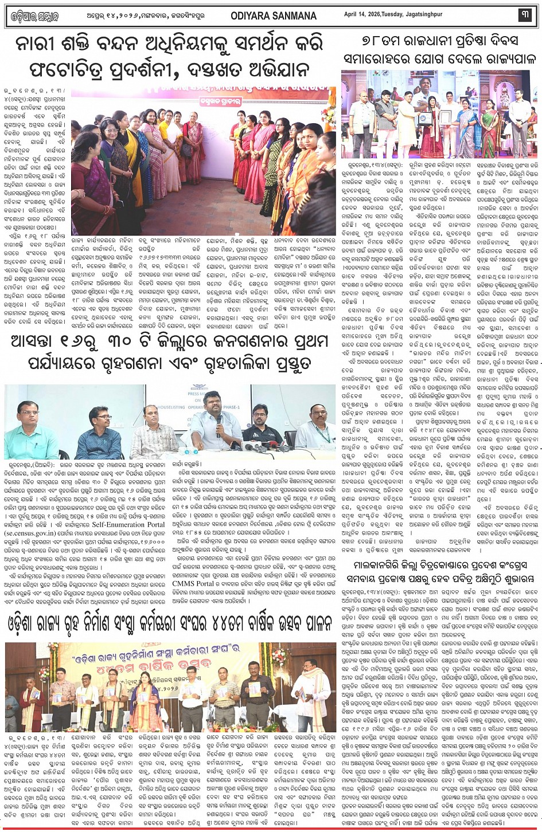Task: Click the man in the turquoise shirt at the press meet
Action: [x=23, y=433]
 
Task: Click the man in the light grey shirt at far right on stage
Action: [x=520, y=120]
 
